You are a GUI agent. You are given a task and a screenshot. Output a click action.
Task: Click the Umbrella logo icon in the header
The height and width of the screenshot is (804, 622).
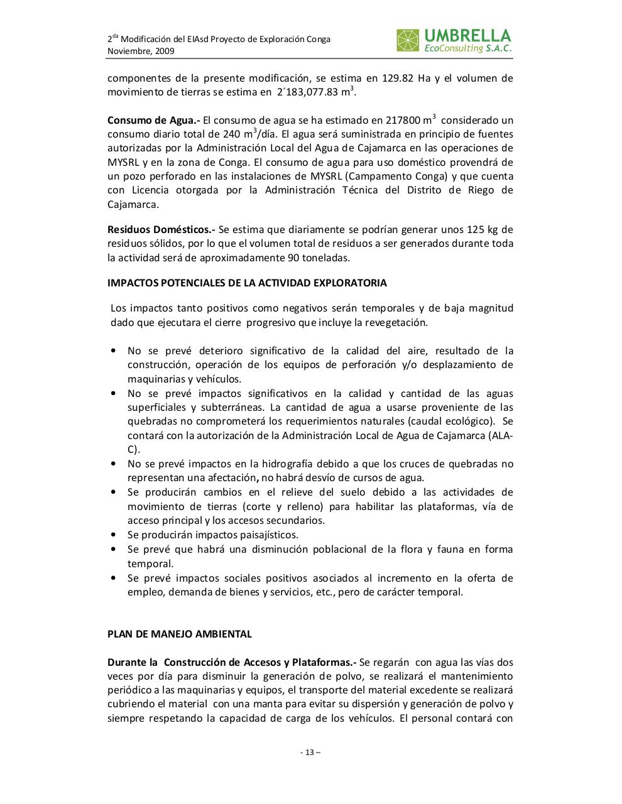(x=407, y=40)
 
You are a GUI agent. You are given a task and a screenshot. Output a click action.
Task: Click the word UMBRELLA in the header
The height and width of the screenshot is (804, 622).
(x=467, y=35)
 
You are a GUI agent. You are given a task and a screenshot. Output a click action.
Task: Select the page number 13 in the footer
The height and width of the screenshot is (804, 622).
(x=310, y=752)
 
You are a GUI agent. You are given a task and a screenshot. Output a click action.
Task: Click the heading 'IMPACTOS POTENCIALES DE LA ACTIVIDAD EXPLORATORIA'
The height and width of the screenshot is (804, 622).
(x=247, y=283)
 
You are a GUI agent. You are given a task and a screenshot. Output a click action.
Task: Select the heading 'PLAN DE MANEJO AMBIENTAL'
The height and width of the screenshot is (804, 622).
(x=180, y=634)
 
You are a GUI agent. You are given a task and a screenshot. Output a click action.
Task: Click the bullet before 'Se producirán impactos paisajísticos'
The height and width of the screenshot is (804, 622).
(x=113, y=535)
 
